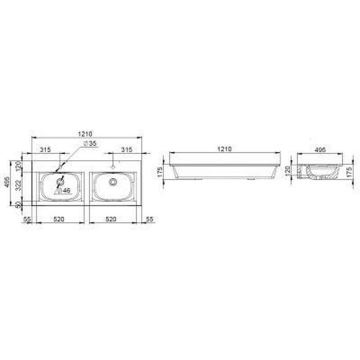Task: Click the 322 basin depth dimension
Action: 19,184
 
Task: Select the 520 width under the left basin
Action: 60,219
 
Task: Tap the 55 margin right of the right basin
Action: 149,219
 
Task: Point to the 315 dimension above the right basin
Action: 126,150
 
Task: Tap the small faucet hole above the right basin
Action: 113,167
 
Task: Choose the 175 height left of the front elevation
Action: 160,171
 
